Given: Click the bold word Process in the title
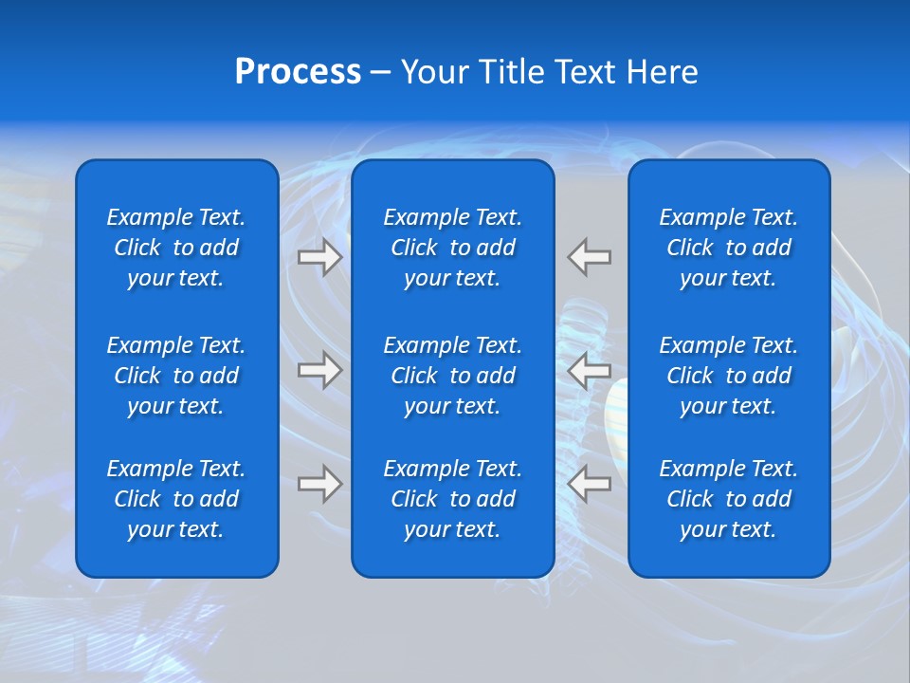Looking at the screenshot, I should coord(298,72).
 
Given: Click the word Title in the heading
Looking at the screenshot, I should coord(508,72).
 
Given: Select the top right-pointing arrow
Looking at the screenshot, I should coord(319,257).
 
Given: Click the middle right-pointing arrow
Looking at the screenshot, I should coord(319,370).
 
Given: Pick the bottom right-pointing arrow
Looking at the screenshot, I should coord(319,484).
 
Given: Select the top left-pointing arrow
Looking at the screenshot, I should coord(589,257).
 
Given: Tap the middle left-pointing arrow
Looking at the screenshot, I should coord(589,370).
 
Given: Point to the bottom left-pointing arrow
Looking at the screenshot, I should coord(589,484).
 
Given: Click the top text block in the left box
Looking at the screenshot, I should coord(176,248).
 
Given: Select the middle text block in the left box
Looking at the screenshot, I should coord(176,376).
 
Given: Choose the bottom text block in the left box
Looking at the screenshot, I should coord(176,499).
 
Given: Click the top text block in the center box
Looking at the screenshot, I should coord(452,248).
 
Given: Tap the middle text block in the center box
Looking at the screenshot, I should coord(452,376).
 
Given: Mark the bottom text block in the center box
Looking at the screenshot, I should coord(452,499).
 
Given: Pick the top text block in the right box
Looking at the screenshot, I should coord(728,248).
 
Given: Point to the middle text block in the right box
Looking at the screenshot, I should coord(728,376).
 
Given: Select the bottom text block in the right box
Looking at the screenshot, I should coord(728,499).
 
